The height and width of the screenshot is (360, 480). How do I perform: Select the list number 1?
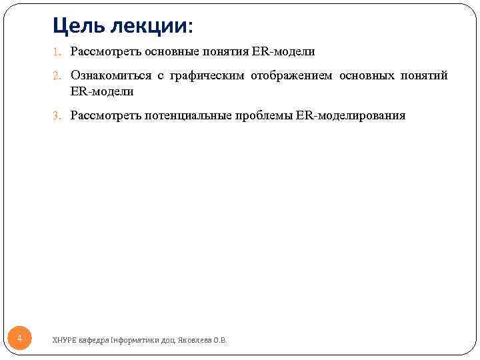58,51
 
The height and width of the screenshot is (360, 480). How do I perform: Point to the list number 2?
58,76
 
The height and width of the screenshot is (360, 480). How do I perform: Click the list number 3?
58,116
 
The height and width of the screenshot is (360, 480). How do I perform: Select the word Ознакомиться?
110,76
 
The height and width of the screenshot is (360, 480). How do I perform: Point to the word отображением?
291,76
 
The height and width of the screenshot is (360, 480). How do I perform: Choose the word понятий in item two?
424,76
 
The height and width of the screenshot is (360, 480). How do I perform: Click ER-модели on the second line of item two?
102,92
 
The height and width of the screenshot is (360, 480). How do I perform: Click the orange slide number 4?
19,339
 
